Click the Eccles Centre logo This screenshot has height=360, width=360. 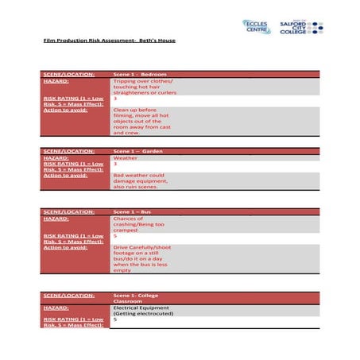click(257, 27)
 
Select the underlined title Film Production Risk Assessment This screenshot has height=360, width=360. click(110, 40)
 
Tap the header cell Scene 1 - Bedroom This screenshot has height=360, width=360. click(140, 74)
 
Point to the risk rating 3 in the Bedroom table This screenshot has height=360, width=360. click(116, 99)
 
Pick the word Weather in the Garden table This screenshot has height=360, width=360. click(126, 157)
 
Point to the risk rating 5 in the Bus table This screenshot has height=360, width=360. click(116, 235)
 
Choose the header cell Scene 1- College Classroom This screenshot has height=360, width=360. click(141, 298)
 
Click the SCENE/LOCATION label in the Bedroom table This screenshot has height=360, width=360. click(68, 74)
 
